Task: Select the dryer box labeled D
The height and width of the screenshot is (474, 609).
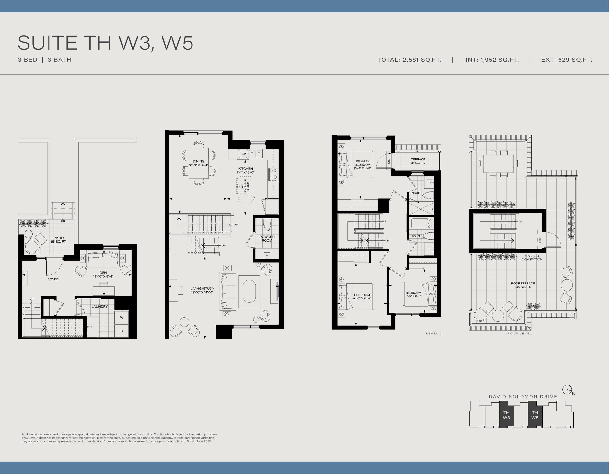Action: coord(122,331)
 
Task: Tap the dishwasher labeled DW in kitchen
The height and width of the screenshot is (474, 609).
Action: coord(243,154)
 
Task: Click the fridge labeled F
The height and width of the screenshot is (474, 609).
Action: coord(272,207)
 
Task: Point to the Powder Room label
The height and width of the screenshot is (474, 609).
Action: coord(267,239)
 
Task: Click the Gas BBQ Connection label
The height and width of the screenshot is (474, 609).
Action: coord(532,258)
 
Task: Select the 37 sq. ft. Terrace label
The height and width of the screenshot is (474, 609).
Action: coord(418,161)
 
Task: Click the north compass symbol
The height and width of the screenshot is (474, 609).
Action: coord(567,390)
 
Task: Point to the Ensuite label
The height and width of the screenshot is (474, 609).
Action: coord(416,193)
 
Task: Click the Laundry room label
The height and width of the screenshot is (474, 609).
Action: coord(99,307)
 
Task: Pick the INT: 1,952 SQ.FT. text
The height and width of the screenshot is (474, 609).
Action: coord(492,60)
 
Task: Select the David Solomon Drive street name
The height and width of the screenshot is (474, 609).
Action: coord(523,397)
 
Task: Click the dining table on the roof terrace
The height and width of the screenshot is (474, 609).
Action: coord(498,164)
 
